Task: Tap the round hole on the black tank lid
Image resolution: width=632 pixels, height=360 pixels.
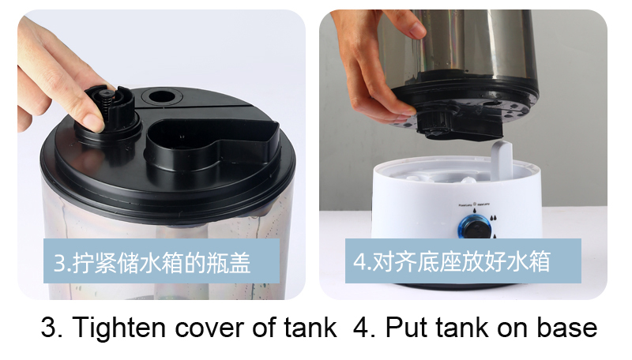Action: click(x=162, y=96)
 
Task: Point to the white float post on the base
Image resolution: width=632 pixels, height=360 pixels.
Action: click(x=502, y=159)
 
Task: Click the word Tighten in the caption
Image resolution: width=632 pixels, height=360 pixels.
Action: click(x=119, y=328)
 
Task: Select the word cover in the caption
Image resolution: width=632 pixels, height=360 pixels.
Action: click(x=209, y=328)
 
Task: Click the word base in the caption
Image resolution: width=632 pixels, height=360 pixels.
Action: click(x=566, y=328)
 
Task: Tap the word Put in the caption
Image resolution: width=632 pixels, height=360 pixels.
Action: click(x=405, y=328)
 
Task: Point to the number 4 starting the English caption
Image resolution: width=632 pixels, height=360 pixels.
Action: click(x=361, y=328)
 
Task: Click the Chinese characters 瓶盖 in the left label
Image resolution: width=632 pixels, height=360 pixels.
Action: click(x=228, y=262)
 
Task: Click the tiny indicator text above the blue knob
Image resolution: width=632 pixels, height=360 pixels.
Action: click(x=474, y=204)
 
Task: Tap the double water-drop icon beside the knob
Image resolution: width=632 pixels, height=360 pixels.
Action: click(x=493, y=219)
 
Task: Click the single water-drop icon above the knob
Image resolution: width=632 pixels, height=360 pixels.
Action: click(x=475, y=210)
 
